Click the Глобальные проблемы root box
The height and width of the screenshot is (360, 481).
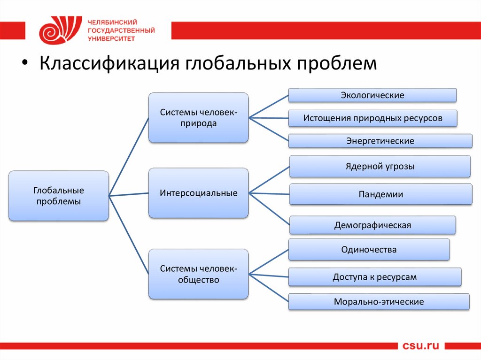[x=58, y=196]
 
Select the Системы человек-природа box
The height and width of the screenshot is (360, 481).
[x=198, y=118]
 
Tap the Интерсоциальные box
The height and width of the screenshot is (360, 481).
[x=198, y=193]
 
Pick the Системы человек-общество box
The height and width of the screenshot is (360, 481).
[x=198, y=274]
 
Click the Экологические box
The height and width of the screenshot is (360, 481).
[x=372, y=95]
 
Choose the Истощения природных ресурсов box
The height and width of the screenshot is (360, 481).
[x=372, y=118]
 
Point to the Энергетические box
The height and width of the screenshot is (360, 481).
[x=380, y=141]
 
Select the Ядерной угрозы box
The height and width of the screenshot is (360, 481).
[x=380, y=166]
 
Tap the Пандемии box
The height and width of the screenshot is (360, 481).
[x=380, y=194]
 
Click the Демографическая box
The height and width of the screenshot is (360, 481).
[x=372, y=225]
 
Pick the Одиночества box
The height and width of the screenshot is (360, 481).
[x=369, y=249]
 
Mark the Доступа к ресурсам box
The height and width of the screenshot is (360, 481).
[x=374, y=277]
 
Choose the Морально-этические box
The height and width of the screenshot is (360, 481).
[x=379, y=302]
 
